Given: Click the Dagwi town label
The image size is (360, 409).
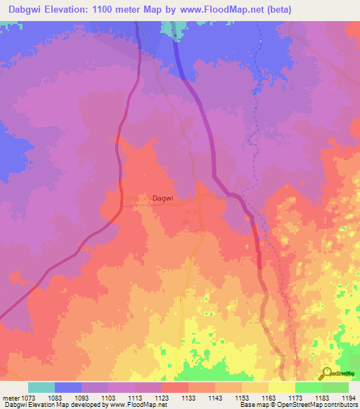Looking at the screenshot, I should coord(162,199).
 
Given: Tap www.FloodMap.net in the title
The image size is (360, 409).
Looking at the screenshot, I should coord(219,10).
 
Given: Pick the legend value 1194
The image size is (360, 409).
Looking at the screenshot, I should coord(348,398).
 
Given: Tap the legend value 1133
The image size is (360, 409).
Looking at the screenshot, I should coord(188,398).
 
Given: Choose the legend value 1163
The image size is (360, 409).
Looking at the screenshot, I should coord(268,398).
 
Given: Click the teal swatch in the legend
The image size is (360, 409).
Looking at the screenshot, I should coord(41,387).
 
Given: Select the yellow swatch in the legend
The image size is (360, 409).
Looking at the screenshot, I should coord(281,387).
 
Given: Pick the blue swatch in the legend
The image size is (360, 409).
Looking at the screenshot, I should coord(68,387).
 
